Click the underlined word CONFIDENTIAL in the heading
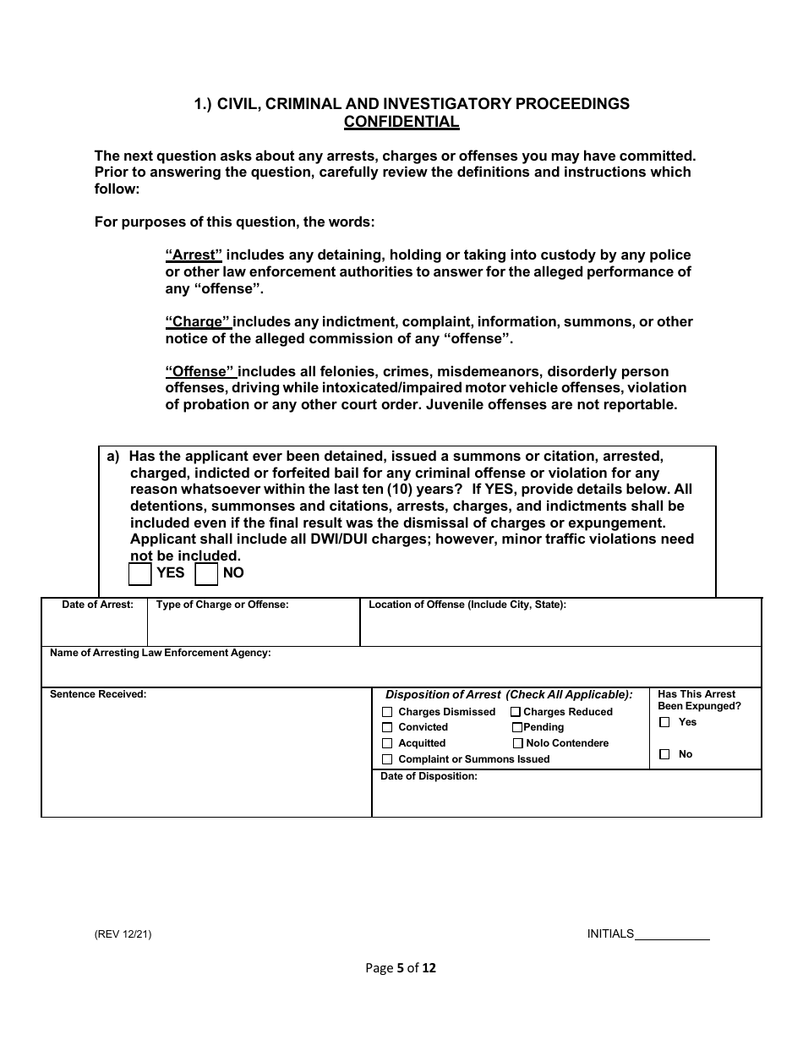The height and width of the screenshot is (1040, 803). [x=401, y=122]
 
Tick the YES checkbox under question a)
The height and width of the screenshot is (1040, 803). [x=139, y=574]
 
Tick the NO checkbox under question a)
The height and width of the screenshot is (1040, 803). [x=206, y=574]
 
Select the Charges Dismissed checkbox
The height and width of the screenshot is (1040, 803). [x=387, y=712]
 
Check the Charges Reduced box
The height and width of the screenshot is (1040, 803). [x=516, y=712]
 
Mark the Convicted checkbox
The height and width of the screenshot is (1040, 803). [x=387, y=727]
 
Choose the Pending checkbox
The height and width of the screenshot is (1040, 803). [x=516, y=727]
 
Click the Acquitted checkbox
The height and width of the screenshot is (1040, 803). [x=387, y=743]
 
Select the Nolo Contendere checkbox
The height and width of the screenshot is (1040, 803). [x=518, y=743]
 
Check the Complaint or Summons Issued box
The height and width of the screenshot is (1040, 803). [x=387, y=759]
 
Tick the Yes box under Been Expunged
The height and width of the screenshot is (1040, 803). [x=664, y=722]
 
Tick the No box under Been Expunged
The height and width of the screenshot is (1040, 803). [x=664, y=754]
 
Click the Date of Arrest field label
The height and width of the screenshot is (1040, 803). [x=97, y=605]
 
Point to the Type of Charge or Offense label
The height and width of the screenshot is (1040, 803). [x=222, y=605]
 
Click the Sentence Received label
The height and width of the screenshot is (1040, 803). [x=98, y=694]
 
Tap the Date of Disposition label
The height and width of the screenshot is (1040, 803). [x=429, y=776]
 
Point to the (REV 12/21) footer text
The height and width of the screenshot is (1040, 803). [x=123, y=934]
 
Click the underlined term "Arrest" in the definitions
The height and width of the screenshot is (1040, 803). [x=194, y=255]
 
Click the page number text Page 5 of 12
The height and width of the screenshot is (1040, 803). [x=401, y=968]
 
